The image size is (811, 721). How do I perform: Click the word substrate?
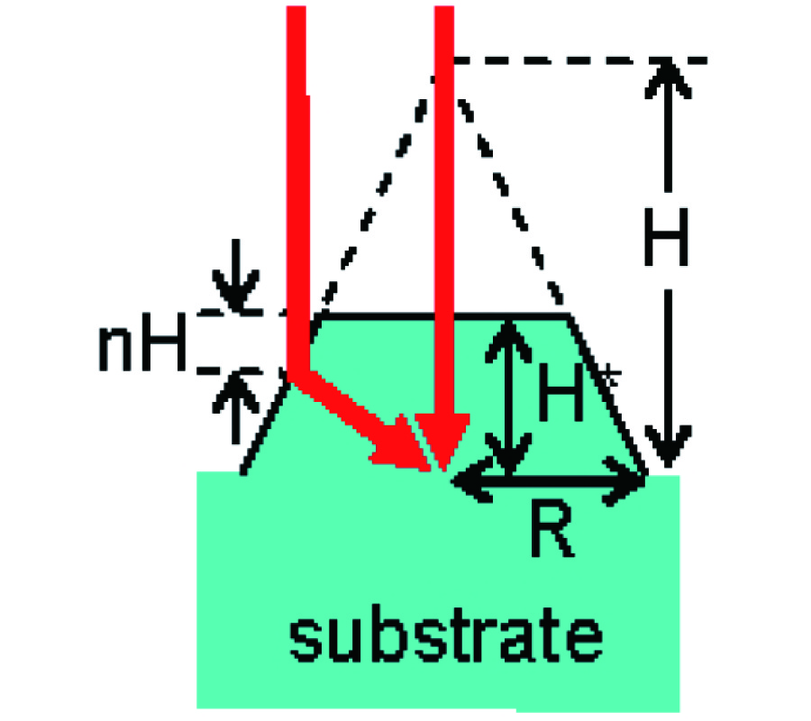(x=446, y=634)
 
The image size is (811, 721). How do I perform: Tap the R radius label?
(x=552, y=531)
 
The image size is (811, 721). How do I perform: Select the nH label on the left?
(x=142, y=342)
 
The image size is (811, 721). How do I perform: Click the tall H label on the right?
(x=667, y=237)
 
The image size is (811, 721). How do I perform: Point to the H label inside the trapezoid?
(x=560, y=391)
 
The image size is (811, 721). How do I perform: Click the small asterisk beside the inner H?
(x=610, y=376)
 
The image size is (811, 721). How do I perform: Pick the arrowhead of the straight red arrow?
(x=442, y=441)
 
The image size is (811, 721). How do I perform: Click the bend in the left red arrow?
(x=299, y=376)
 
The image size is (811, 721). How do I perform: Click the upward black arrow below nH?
(x=236, y=407)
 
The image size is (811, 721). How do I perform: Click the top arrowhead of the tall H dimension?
(x=668, y=78)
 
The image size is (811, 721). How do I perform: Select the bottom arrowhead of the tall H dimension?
(x=668, y=446)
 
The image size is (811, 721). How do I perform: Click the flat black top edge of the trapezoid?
(x=445, y=315)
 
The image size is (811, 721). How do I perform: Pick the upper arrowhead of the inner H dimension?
(x=509, y=342)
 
